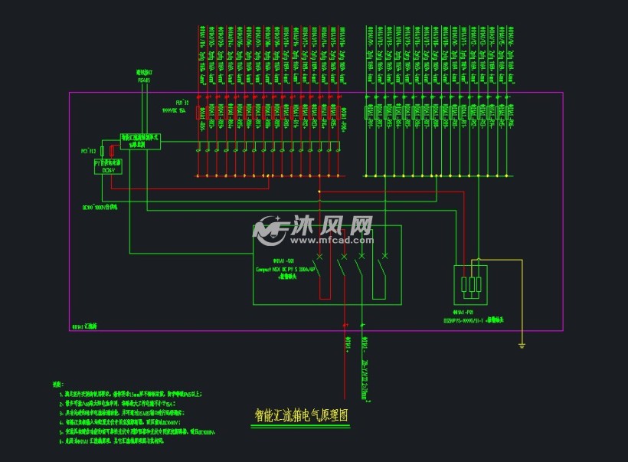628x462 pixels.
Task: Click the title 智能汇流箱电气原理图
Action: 301,415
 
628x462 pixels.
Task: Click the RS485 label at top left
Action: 144,79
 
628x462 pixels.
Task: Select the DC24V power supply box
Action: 108,166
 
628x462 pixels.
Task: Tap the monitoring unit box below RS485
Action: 140,141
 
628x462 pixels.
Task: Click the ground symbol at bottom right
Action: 522,346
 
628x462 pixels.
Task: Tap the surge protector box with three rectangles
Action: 471,285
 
